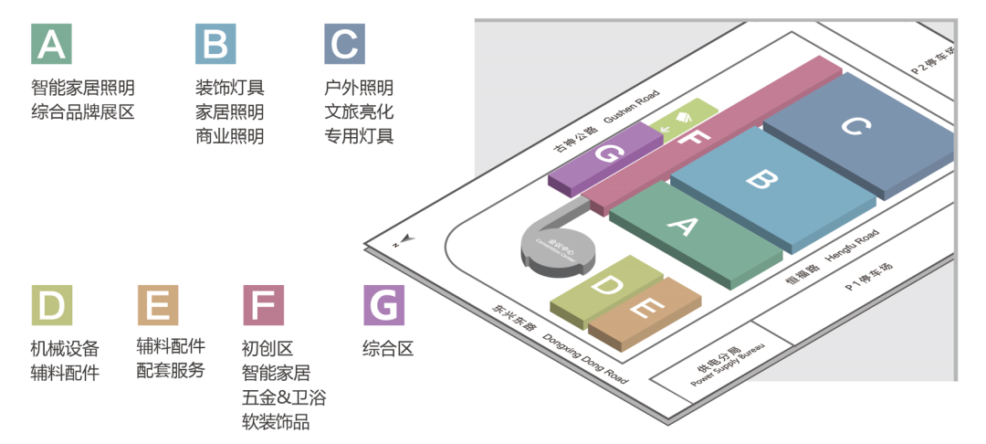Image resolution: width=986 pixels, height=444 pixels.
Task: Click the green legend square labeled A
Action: click(x=52, y=44)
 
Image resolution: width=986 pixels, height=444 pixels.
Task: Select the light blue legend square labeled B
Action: click(x=215, y=44)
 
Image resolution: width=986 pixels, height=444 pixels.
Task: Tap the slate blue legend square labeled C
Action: click(x=344, y=44)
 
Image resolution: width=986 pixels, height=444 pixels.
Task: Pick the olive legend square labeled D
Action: click(x=52, y=305)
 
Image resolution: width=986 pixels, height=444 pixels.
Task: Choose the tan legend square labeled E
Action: click(x=158, y=305)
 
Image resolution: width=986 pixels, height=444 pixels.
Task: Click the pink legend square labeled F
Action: click(x=264, y=305)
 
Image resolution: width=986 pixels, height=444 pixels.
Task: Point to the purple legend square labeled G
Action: click(x=383, y=305)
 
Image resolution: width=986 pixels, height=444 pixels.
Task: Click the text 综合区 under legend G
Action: click(x=388, y=348)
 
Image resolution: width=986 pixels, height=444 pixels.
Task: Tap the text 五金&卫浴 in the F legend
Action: click(x=284, y=397)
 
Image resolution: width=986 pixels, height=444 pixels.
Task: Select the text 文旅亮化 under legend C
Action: click(x=359, y=112)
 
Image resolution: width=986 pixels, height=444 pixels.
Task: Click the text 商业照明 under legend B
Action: click(x=229, y=137)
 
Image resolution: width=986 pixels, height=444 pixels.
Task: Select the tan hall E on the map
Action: click(x=644, y=311)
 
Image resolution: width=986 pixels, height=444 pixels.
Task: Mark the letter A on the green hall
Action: click(x=684, y=226)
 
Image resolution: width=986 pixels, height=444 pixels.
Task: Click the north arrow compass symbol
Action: click(x=403, y=240)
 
